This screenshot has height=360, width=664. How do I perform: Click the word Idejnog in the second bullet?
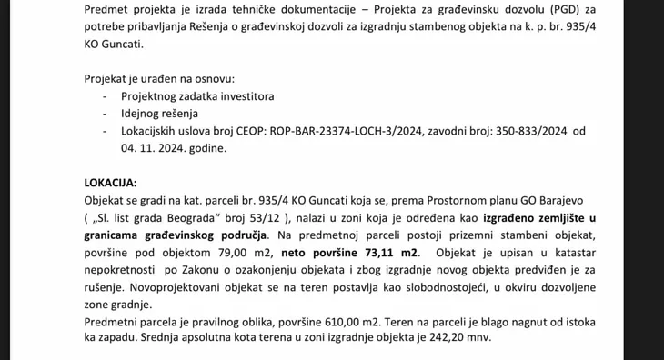[x=142, y=114]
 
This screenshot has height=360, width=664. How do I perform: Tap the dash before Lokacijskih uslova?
[x=107, y=131]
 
